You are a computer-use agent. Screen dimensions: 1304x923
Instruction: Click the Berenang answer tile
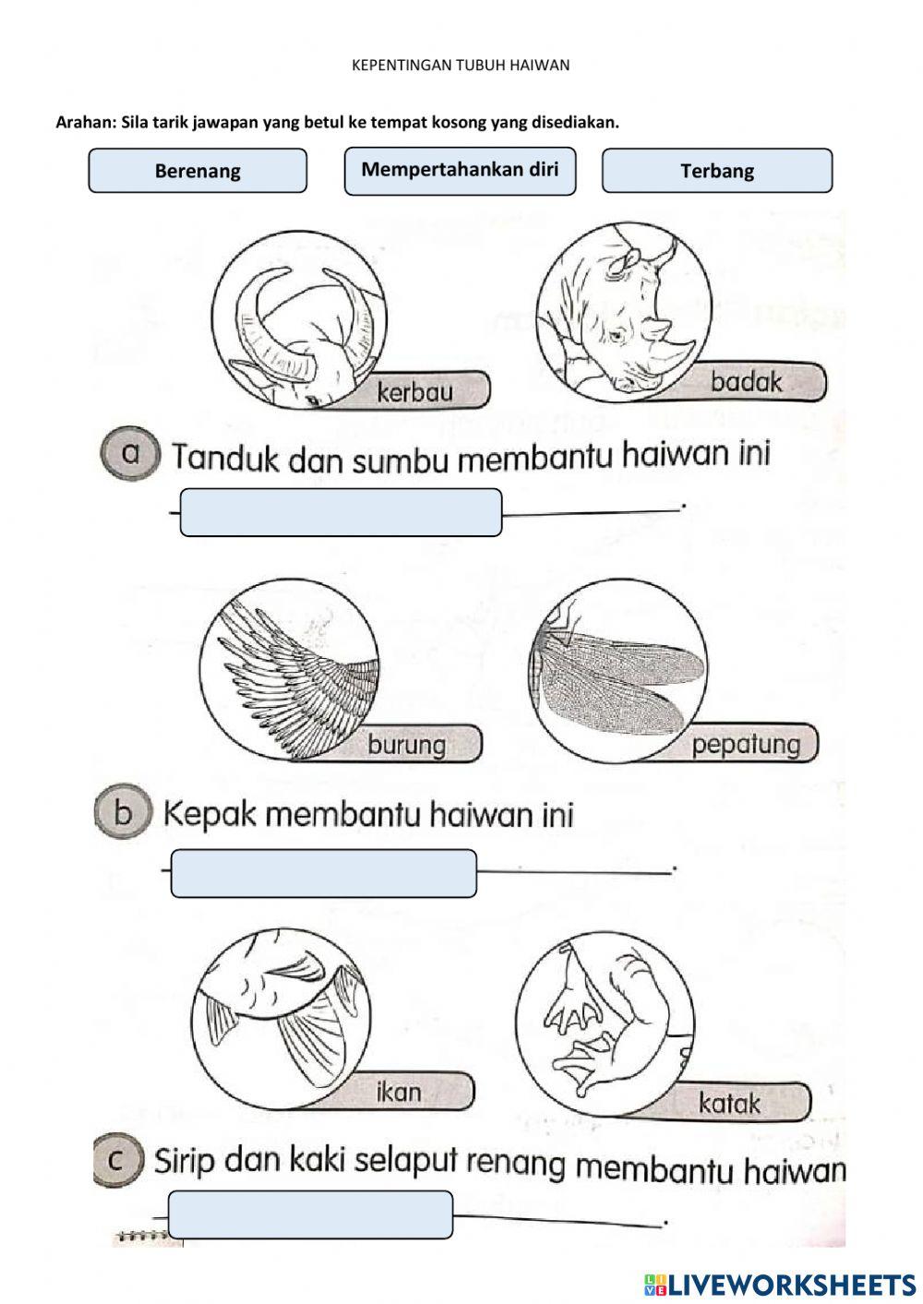click(x=198, y=171)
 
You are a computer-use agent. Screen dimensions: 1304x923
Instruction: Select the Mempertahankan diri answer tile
click(x=460, y=171)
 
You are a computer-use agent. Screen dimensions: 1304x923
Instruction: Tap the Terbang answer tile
click(x=717, y=171)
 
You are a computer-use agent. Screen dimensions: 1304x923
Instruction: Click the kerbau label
click(x=415, y=391)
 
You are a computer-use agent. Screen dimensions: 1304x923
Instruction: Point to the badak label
click(x=746, y=381)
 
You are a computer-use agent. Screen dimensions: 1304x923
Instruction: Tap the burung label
click(x=406, y=744)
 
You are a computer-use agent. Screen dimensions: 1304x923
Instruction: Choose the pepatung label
click(x=746, y=744)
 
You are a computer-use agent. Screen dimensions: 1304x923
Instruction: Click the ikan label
click(x=399, y=1092)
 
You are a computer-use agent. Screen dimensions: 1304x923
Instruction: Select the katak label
click(x=729, y=1103)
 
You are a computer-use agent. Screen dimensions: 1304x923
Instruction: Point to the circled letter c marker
click(x=117, y=1160)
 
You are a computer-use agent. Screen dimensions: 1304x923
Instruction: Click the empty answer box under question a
click(x=341, y=512)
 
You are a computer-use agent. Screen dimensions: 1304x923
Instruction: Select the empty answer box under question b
click(x=324, y=873)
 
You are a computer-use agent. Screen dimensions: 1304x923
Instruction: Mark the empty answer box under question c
click(x=311, y=1214)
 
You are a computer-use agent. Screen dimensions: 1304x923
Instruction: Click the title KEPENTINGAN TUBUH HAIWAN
click(x=461, y=65)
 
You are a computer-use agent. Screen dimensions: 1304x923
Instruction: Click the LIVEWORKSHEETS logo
click(x=779, y=1284)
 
